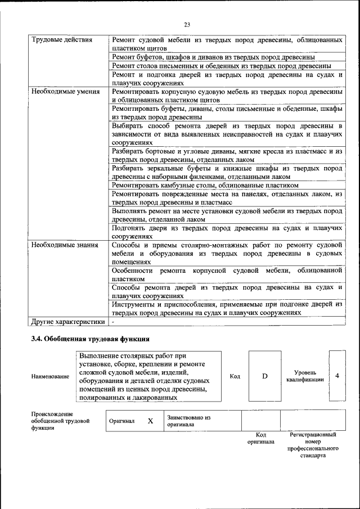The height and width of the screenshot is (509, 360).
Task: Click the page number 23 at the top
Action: pyautogui.click(x=187, y=24)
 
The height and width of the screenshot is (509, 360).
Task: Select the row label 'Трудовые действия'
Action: pyautogui.click(x=62, y=40)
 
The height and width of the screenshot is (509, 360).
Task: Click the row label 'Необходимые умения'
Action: pyautogui.click(x=65, y=91)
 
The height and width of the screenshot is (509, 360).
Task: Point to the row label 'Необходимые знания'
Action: pyautogui.click(x=65, y=245)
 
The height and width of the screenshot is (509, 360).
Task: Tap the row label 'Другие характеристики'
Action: pyautogui.click(x=68, y=322)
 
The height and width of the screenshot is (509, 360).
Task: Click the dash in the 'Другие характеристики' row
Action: pyautogui.click(x=113, y=322)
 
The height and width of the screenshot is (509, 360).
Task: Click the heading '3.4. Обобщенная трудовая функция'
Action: pyautogui.click(x=89, y=339)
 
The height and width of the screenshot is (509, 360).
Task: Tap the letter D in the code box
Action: pyautogui.click(x=264, y=376)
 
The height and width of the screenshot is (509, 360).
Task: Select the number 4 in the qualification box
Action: pyautogui.click(x=337, y=376)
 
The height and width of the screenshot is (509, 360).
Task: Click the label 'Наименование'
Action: pyautogui.click(x=50, y=376)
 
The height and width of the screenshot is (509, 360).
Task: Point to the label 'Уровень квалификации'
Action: pyautogui.click(x=308, y=376)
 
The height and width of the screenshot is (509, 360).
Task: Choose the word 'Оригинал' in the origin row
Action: pyautogui.click(x=121, y=421)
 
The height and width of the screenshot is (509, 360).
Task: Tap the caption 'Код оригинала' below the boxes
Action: pyautogui.click(x=261, y=438)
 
